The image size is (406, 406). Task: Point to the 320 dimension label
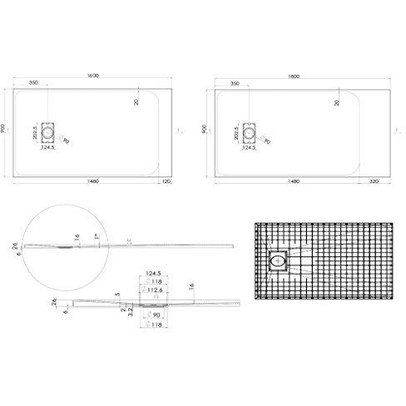pos(375,181)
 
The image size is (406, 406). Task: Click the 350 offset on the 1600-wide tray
pos(35,84)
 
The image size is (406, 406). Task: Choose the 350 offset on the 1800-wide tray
pos(235,84)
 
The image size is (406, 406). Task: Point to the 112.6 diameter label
pos(156,291)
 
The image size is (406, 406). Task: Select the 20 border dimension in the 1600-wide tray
pos(136,101)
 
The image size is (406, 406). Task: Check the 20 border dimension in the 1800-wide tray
pos(337,101)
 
